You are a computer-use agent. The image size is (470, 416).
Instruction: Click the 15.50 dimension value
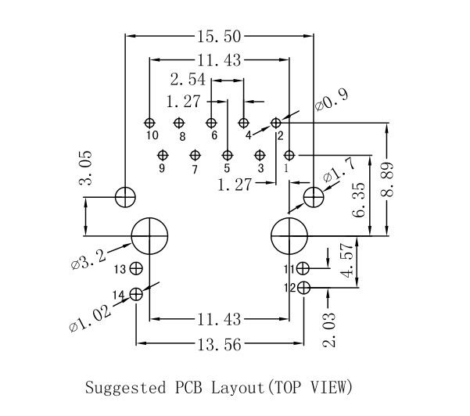217,34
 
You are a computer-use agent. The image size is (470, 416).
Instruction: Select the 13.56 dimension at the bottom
217,345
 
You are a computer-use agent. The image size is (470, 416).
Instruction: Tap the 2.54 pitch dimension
188,80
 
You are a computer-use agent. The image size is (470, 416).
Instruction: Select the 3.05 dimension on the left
87,168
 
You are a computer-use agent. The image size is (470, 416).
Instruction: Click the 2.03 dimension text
329,329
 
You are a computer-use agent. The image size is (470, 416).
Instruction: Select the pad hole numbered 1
289,155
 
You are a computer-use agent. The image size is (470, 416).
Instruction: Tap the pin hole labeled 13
137,268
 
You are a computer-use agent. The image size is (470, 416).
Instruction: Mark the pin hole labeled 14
137,294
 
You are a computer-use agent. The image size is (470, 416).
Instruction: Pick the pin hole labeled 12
303,288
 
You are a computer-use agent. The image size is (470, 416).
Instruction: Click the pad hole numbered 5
226,155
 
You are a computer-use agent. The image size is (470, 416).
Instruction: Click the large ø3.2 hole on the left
150,235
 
